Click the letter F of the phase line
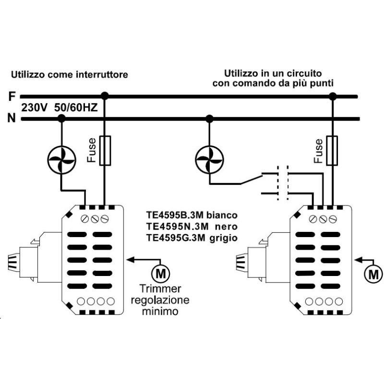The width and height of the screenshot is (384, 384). [12, 96]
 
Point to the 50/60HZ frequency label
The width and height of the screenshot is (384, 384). [76, 108]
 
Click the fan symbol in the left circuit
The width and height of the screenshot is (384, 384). [61, 156]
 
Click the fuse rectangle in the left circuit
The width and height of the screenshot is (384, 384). [106, 151]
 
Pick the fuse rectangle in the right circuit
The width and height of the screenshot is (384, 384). [332, 151]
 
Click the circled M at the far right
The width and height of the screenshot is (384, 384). [372, 274]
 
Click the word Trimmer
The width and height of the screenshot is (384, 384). [160, 289]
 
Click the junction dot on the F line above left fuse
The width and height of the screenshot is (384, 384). [106, 96]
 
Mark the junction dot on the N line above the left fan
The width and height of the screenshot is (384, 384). [61, 118]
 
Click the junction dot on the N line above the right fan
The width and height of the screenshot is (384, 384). [209, 118]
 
